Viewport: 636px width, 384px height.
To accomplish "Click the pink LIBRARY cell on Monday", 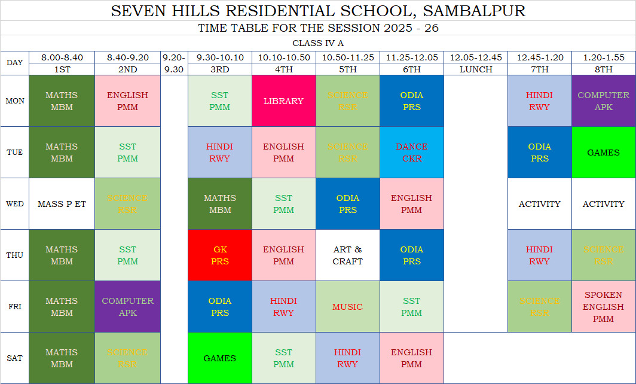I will pyautogui.click(x=283, y=101).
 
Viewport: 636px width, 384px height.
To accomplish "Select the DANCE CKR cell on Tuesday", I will pyautogui.click(x=411, y=153).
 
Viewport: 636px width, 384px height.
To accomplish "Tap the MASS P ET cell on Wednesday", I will pyautogui.click(x=62, y=204).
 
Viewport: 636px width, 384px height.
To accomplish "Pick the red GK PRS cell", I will pyautogui.click(x=219, y=255).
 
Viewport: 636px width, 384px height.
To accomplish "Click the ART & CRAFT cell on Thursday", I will pyautogui.click(x=347, y=255).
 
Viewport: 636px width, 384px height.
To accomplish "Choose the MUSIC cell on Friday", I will pyautogui.click(x=347, y=307).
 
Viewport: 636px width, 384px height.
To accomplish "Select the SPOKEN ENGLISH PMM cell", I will pyautogui.click(x=603, y=307).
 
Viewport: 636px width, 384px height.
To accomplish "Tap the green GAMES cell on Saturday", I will pyautogui.click(x=219, y=358).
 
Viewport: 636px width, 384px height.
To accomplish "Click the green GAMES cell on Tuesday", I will pyautogui.click(x=603, y=153).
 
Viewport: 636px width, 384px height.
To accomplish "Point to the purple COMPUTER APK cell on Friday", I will pyautogui.click(x=127, y=307).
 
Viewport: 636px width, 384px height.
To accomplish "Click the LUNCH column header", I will pyautogui.click(x=476, y=69).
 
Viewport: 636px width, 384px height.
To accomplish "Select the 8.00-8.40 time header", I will pyautogui.click(x=62, y=57).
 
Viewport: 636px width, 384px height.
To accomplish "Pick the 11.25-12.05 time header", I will pyautogui.click(x=411, y=57).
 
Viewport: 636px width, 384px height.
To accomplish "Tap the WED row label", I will pyautogui.click(x=15, y=204).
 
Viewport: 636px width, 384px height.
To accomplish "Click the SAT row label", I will pyautogui.click(x=15, y=358).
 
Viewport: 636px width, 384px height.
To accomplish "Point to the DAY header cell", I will pyautogui.click(x=15, y=63).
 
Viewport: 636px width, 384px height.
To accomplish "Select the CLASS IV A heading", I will pyautogui.click(x=318, y=43).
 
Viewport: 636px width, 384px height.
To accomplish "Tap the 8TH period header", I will pyautogui.click(x=603, y=69).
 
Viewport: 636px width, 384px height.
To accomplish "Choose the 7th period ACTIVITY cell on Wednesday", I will pyautogui.click(x=539, y=204).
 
